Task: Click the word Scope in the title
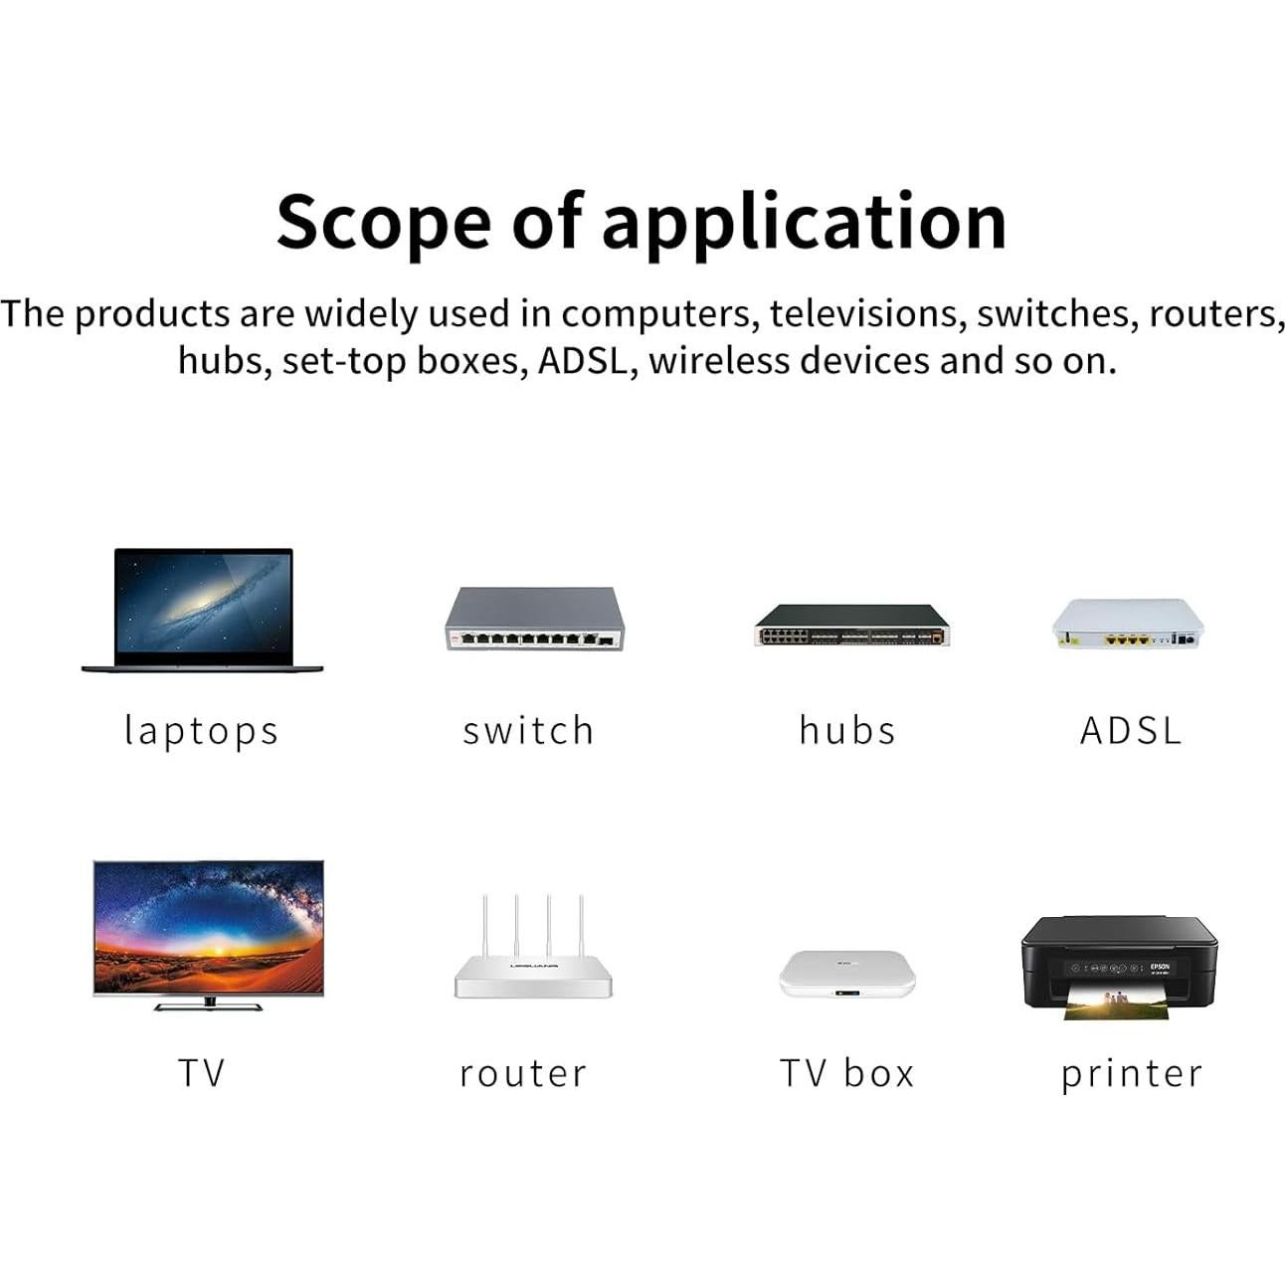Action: click(384, 222)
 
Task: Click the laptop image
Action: click(203, 610)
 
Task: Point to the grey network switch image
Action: click(535, 619)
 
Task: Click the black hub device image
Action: click(852, 625)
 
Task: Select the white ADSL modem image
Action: click(1128, 624)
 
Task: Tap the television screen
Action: click(209, 928)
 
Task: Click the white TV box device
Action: click(847, 975)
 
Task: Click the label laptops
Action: click(201, 732)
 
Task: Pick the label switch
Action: click(528, 730)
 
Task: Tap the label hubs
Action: click(847, 730)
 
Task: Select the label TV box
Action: click(846, 1073)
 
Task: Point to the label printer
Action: click(1132, 1075)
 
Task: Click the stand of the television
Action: click(209, 1004)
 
